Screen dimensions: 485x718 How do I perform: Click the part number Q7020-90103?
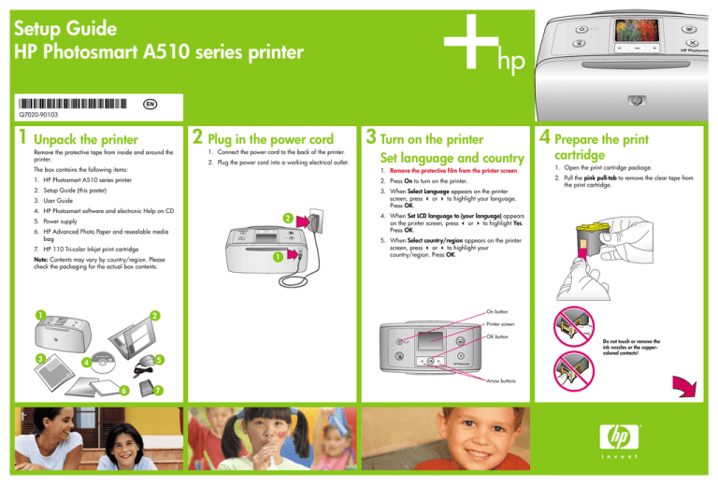coord(40,114)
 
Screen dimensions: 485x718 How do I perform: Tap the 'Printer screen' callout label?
coord(505,324)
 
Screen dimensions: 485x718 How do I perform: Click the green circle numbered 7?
coord(160,390)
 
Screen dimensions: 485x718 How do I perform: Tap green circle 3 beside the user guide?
coord(40,358)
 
